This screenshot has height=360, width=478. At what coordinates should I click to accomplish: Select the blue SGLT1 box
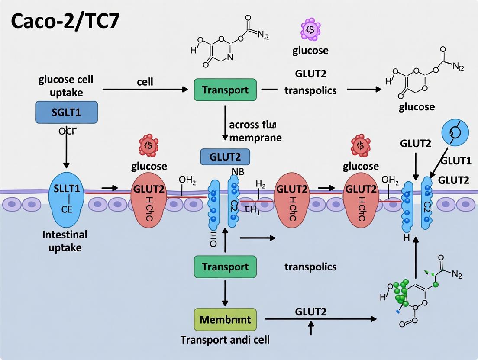pyautogui.click(x=66, y=112)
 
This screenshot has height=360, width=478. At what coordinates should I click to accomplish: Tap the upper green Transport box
pyautogui.click(x=225, y=90)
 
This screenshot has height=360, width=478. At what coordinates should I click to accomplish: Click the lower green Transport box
pyautogui.click(x=225, y=267)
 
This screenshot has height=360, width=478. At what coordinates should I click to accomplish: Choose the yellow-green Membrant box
pyautogui.click(x=225, y=320)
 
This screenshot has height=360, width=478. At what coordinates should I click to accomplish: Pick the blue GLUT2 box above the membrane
pyautogui.click(x=225, y=156)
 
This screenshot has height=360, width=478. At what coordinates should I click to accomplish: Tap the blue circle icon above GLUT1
pyautogui.click(x=456, y=132)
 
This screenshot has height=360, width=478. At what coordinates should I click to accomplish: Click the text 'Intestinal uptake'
pyautogui.click(x=65, y=241)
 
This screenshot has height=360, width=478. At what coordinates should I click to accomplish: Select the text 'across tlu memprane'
pyautogui.click(x=255, y=131)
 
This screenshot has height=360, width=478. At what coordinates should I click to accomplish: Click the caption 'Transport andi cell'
pyautogui.click(x=225, y=340)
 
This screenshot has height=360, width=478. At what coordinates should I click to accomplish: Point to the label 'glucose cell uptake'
pyautogui.click(x=66, y=86)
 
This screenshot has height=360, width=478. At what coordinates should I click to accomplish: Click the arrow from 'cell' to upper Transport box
pyautogui.click(x=145, y=90)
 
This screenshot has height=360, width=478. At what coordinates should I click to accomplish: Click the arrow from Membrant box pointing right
pyautogui.click(x=320, y=319)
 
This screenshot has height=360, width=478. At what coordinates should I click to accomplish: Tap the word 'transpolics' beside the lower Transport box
pyautogui.click(x=310, y=267)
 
